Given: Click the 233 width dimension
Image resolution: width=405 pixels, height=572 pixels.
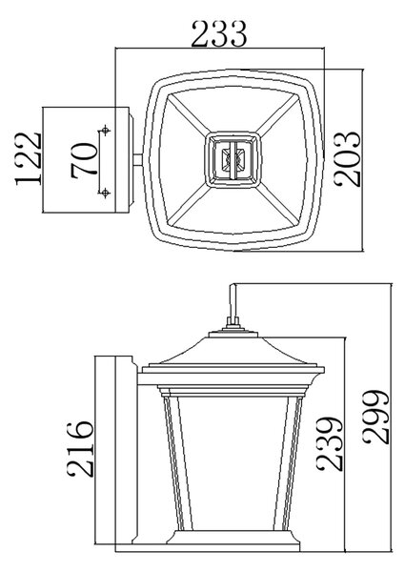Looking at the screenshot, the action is tap(219, 34).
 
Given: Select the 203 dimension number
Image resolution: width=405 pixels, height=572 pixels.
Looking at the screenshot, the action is tap(348, 159).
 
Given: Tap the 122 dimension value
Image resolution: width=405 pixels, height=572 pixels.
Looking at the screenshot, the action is tap(28, 158).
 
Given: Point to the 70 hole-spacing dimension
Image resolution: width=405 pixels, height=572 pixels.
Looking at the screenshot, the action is tap(84, 160).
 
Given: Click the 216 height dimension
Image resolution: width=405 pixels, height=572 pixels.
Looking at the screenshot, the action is tap(80, 449).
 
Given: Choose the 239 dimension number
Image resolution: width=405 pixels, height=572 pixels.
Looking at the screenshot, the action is tap(330, 443).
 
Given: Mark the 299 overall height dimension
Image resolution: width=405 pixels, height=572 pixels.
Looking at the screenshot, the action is tap(376, 417).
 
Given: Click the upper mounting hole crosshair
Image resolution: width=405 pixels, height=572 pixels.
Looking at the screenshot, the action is tap(106, 130).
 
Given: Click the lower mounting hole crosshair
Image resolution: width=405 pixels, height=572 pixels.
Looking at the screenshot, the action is tap(106, 192).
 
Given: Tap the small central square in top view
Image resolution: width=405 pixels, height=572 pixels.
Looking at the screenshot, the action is tap(233, 160).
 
